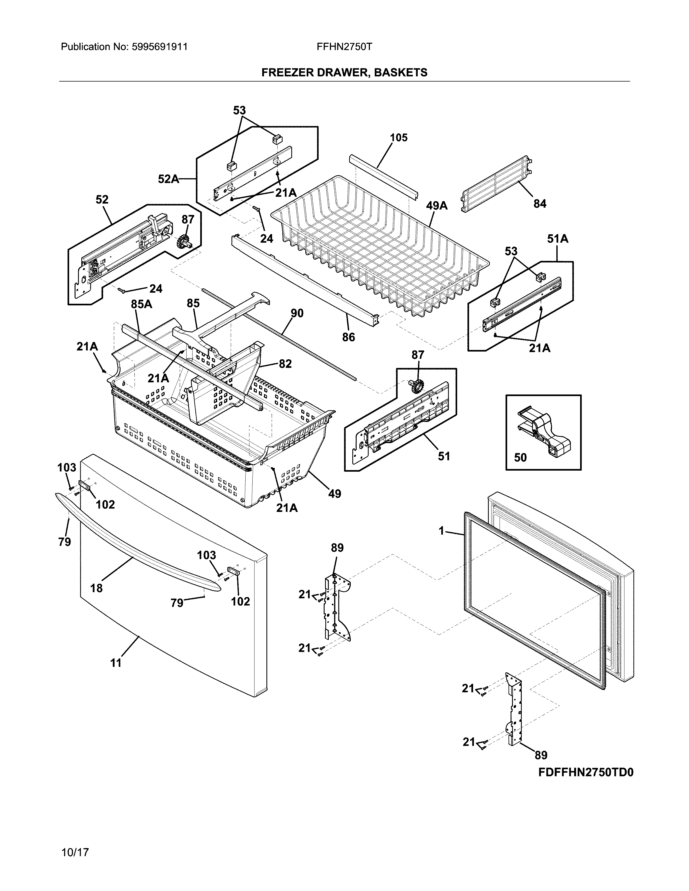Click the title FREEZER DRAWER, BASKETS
344,73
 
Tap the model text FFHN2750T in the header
344,47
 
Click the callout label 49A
436,206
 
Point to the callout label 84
540,204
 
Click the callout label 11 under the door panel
116,663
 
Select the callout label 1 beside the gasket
441,531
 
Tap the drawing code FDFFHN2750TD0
585,773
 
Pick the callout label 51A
558,239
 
